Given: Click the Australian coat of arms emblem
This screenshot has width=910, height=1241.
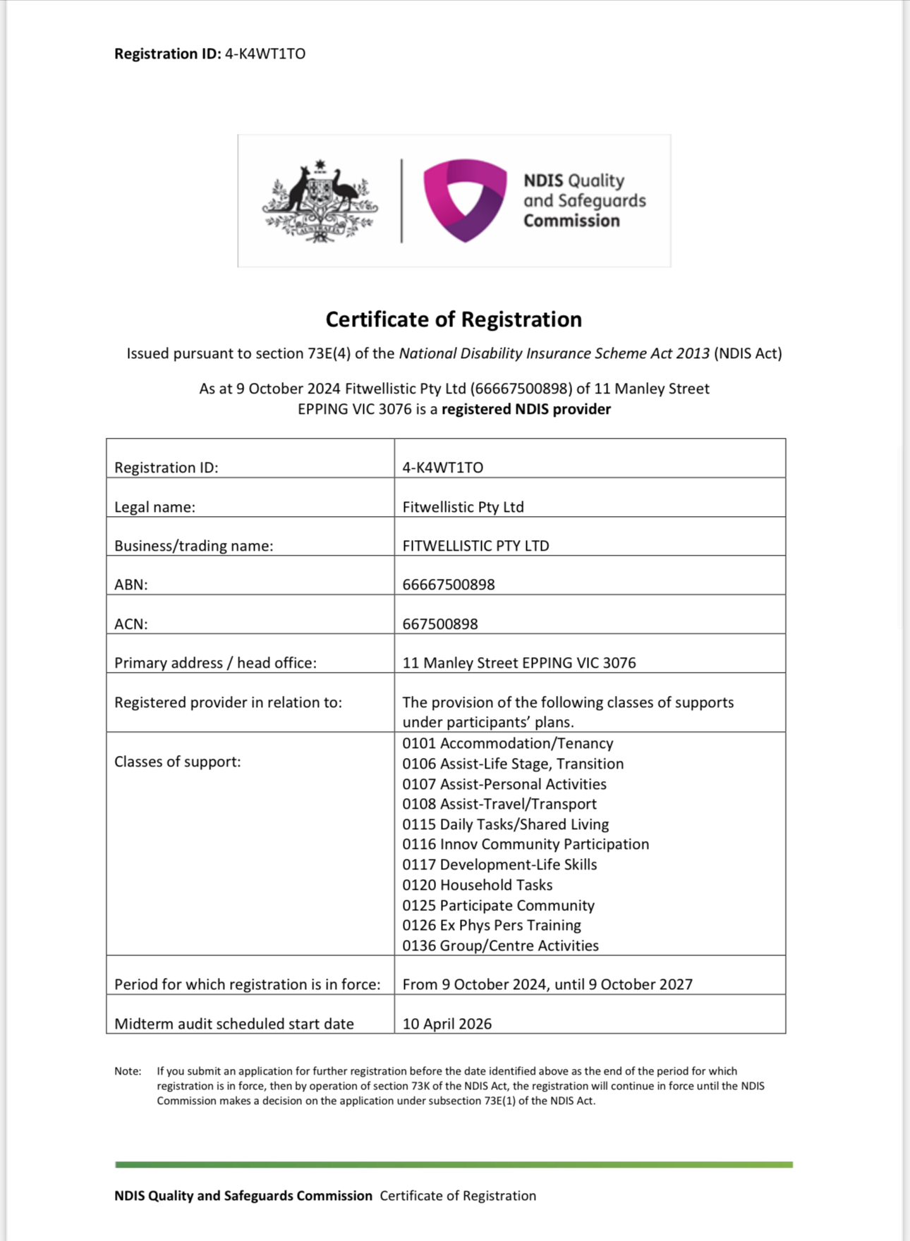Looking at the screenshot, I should coord(320,202).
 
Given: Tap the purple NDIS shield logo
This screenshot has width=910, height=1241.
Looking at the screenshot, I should coord(465,200).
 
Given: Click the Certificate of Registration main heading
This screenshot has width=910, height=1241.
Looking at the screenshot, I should coord(454,319).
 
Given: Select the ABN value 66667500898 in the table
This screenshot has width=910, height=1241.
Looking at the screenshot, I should coord(449,585).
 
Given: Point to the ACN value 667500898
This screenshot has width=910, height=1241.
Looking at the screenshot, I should coord(440,624).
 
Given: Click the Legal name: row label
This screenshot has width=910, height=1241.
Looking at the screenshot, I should coord(154,507).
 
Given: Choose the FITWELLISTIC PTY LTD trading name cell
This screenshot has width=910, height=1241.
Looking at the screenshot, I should coord(475,546).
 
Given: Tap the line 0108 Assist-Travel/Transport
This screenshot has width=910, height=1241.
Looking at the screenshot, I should coord(499,804).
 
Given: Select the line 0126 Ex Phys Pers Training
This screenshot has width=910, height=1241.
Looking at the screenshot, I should coord(492,925).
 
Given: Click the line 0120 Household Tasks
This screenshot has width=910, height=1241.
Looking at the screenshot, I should coord(478,885).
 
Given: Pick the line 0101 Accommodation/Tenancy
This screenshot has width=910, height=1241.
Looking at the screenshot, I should coord(508,743).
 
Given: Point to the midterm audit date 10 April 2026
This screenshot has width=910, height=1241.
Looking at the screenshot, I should coord(447,1024).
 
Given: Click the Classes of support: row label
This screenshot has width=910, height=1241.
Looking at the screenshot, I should coord(178,762).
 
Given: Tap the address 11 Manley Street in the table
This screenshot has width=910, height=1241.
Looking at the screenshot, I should coord(519,663).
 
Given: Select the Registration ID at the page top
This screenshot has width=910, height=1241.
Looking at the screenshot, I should coord(210,54).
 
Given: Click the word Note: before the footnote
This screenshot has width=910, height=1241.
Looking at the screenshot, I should coord(128,1071).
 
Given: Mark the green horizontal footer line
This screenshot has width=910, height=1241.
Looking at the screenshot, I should coord(454,1165).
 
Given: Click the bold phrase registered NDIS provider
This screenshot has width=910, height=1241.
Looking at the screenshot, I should coord(526,409).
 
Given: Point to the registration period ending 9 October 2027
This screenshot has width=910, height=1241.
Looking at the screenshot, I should coord(547,984).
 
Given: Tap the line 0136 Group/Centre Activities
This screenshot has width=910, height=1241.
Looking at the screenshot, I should coord(501,946).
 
